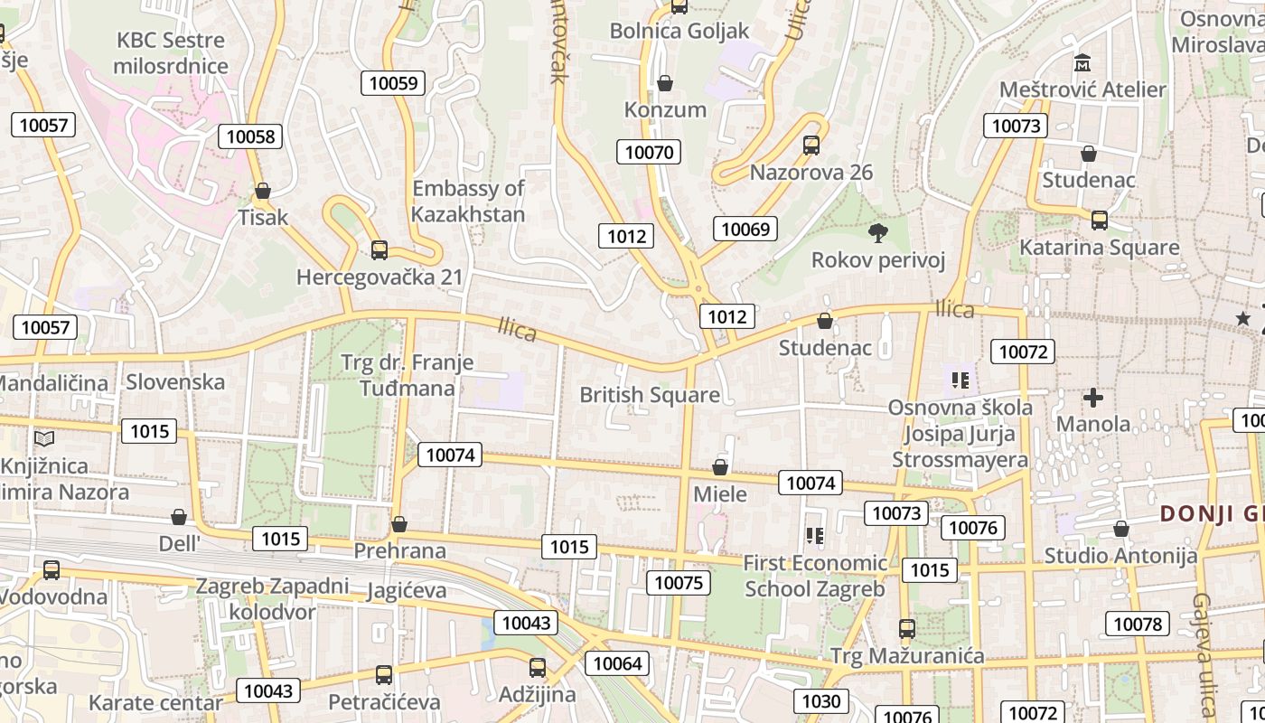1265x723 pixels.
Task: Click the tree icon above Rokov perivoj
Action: [877, 233]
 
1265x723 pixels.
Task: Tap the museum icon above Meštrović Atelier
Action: [1082, 63]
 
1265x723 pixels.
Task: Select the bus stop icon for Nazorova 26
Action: [811, 145]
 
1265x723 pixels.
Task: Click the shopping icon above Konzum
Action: [665, 83]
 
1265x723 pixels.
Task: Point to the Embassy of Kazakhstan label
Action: [468, 201]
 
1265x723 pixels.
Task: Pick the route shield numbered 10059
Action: [394, 83]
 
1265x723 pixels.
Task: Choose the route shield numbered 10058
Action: [250, 136]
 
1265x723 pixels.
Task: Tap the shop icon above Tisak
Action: [263, 191]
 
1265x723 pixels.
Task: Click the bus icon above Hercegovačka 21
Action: [379, 249]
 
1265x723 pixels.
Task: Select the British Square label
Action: [650, 395]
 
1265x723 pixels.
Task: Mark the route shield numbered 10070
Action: [649, 152]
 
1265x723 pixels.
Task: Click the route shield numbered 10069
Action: [745, 229]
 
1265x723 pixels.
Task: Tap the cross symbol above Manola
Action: [1093, 397]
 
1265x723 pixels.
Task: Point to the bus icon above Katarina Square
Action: [1100, 220]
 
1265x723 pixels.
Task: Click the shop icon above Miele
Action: [720, 467]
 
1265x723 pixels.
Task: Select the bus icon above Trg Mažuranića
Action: [907, 628]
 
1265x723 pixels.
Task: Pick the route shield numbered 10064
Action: [617, 663]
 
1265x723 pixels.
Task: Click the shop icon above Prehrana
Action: [399, 524]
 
